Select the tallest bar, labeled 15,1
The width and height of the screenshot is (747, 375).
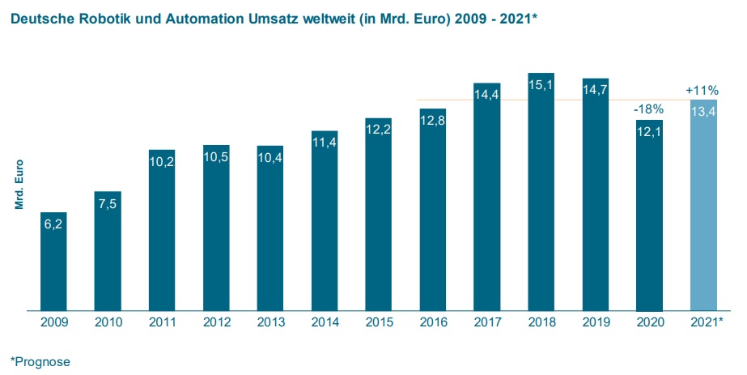point(541,194)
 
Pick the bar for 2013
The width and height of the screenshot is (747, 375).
point(270,231)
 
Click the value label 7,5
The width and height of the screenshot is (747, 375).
point(108,203)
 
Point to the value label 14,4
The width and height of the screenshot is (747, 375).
point(486,95)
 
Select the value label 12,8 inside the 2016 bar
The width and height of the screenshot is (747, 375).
point(432,121)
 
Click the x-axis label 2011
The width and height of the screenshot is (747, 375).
point(162,322)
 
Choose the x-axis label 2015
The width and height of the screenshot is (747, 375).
point(378,322)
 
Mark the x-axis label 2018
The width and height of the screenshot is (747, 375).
point(541,322)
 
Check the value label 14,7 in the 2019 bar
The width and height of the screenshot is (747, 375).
point(595,91)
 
